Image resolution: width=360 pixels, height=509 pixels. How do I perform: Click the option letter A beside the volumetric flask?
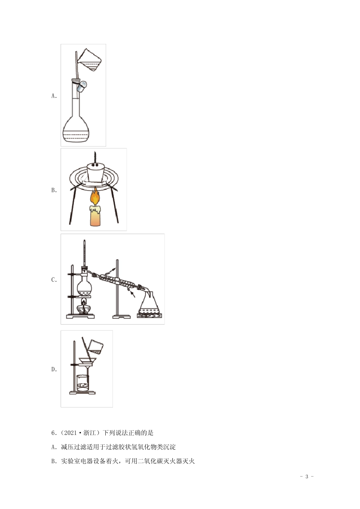54,96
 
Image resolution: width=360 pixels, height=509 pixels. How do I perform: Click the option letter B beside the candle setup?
54,190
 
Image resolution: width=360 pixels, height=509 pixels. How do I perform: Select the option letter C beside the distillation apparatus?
54,280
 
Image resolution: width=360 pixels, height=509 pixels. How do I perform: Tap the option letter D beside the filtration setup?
54,369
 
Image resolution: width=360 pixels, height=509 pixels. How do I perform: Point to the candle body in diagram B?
95,215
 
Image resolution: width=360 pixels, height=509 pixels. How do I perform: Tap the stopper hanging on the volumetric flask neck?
81,86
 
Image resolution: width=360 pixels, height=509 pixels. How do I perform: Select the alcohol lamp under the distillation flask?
84,307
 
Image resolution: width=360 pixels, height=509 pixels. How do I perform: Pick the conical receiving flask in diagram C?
149,303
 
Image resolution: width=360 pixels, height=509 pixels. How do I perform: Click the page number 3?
307,476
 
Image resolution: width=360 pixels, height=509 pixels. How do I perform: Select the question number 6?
53,433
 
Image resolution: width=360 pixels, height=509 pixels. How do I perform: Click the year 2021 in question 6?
70,433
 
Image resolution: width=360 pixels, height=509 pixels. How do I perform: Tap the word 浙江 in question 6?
89,433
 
